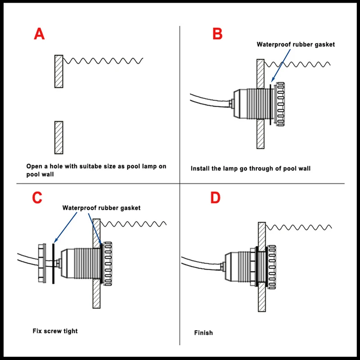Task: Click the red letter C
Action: [38, 198]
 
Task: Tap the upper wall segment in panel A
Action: [58, 71]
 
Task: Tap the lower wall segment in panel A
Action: [58, 137]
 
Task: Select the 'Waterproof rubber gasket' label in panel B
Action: [296, 44]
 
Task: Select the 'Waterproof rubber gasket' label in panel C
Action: [101, 208]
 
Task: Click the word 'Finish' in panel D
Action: [203, 333]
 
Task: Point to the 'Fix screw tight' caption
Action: [55, 331]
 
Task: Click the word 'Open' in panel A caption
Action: [33, 166]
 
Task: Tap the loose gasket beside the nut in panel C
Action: [53, 263]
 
